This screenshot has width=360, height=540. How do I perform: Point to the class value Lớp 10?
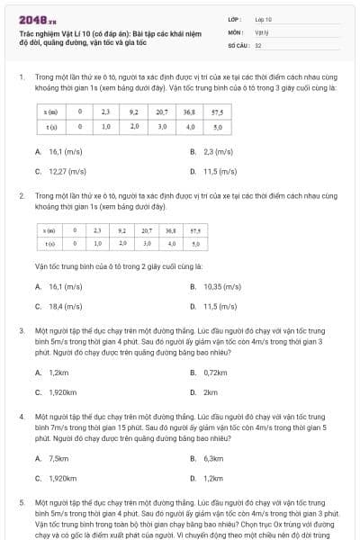263,18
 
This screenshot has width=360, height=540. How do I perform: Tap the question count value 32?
258,44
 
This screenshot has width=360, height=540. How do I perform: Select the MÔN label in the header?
235,31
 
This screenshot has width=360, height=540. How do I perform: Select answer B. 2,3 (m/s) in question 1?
212,152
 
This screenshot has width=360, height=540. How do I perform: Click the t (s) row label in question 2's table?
50,243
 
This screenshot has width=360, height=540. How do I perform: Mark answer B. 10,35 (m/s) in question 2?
218,287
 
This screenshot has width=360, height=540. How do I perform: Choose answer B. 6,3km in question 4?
213,458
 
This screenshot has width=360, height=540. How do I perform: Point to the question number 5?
21,499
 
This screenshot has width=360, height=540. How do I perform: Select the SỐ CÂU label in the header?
238,44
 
